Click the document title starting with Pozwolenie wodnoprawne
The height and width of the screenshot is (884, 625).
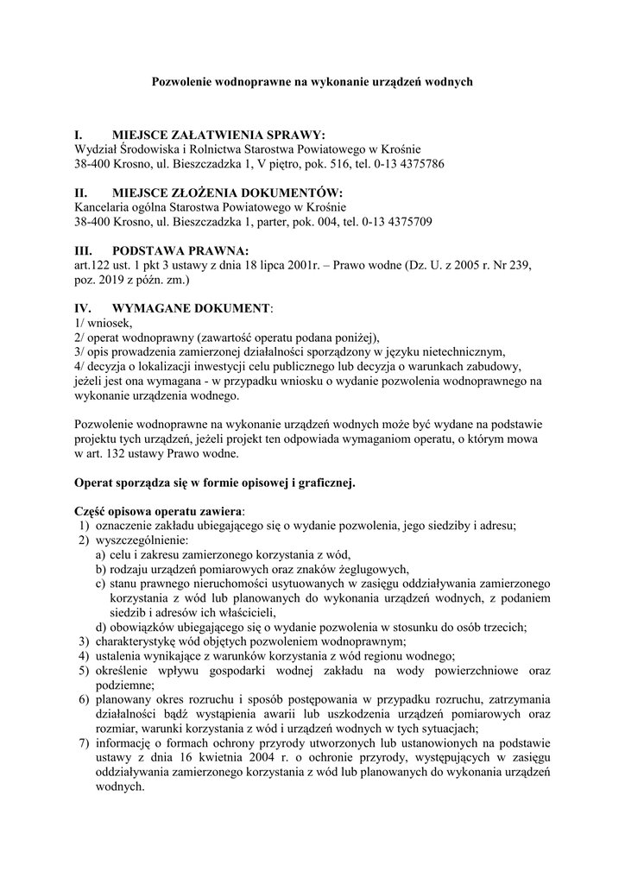tap(312, 82)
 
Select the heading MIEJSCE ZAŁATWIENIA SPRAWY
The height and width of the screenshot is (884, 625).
tap(218, 136)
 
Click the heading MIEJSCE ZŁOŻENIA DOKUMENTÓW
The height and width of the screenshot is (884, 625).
tap(227, 193)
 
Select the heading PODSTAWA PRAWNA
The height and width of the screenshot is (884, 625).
tap(180, 250)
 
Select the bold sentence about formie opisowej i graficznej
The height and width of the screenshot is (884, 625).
tap(215, 483)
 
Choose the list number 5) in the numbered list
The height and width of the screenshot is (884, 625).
tap(83, 671)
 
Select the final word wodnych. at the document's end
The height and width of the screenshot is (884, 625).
tap(119, 787)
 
